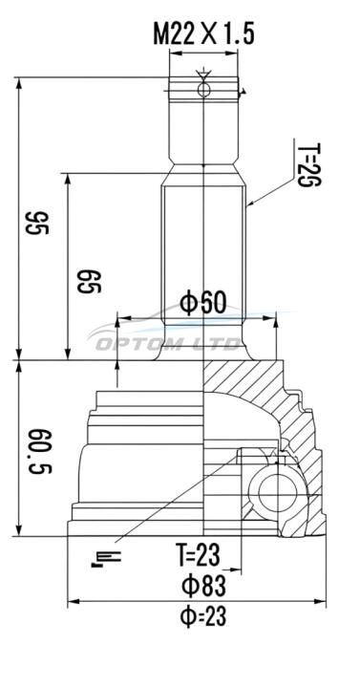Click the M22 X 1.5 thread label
(x=203, y=34)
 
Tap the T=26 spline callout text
(x=309, y=164)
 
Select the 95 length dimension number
(x=37, y=223)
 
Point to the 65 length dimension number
(x=89, y=282)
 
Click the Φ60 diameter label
(x=203, y=303)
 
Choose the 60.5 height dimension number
(x=41, y=451)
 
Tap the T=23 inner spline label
(x=198, y=554)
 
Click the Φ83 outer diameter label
(x=203, y=586)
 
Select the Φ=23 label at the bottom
(x=203, y=617)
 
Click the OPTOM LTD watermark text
(x=168, y=344)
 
